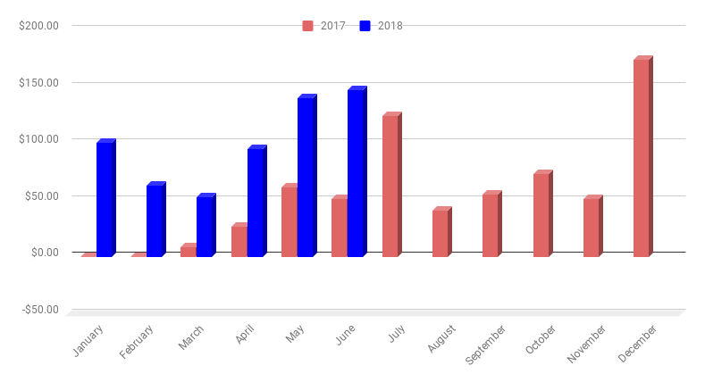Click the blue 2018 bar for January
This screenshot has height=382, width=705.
pyautogui.click(x=105, y=199)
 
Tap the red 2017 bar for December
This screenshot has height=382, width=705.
pyautogui.click(x=642, y=158)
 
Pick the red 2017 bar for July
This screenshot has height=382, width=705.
pyautogui.click(x=390, y=186)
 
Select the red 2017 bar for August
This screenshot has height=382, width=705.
pyautogui.click(x=441, y=233)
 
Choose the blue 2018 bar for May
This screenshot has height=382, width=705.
pyautogui.click(x=306, y=177)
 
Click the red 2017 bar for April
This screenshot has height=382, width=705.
pyautogui.click(x=239, y=241)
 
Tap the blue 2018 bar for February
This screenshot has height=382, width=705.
pyautogui.click(x=155, y=220)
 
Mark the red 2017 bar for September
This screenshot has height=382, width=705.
pyautogui.click(x=491, y=225)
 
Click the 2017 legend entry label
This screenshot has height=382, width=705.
pyautogui.click(x=332, y=26)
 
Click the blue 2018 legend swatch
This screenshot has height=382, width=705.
pyautogui.click(x=365, y=26)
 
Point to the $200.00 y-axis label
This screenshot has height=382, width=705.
pyautogui.click(x=38, y=25)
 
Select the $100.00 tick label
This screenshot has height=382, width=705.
pyautogui.click(x=38, y=139)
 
